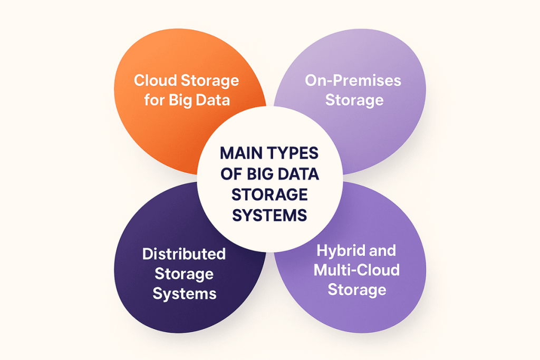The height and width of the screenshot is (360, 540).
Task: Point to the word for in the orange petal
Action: (154, 100)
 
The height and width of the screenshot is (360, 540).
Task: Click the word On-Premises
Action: (353, 81)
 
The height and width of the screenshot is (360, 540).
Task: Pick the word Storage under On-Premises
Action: (354, 100)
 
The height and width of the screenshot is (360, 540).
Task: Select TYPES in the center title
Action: (293, 153)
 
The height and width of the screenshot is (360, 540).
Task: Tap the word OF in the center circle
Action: (230, 174)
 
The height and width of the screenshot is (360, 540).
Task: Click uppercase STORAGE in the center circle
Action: (270, 194)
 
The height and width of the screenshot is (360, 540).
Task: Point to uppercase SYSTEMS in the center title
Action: (270, 215)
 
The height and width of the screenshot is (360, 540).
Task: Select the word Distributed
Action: (184, 254)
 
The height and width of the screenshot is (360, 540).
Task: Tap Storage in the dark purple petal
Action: (184, 274)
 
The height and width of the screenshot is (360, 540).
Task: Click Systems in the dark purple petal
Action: (184, 293)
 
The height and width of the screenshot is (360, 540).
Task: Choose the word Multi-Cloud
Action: (356, 270)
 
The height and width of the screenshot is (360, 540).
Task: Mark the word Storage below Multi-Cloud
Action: (357, 289)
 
